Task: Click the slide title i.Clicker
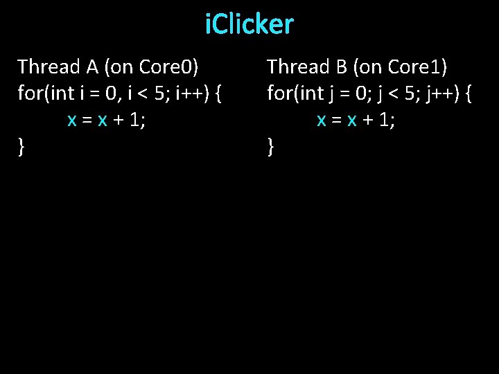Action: click(249, 25)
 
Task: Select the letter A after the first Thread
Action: click(92, 66)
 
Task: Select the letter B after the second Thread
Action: click(341, 66)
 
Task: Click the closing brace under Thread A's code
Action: click(22, 146)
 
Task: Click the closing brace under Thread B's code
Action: click(271, 146)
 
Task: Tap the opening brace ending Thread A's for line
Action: click(218, 93)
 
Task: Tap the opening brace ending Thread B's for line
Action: click(467, 93)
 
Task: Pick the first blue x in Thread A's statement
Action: click(71, 120)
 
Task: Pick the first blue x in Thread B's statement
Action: click(322, 120)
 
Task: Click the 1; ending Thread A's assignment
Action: click(138, 120)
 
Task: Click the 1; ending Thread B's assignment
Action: click(387, 120)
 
